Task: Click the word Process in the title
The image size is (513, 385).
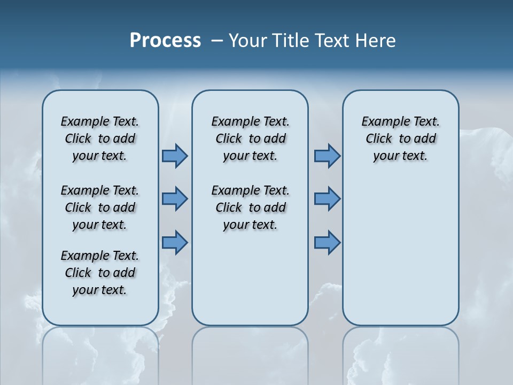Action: coord(165,41)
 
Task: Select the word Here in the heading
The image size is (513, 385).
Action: coord(376,41)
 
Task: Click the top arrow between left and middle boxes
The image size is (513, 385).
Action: coord(175,156)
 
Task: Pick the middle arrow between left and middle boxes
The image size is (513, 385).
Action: coord(175,199)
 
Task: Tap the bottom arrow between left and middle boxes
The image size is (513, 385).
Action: coord(175,242)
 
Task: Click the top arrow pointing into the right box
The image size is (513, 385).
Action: coord(327,156)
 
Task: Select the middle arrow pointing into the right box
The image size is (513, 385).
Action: coord(327,199)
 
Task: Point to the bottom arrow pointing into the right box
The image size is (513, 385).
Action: coord(327,242)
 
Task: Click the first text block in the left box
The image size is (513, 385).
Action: coord(100,138)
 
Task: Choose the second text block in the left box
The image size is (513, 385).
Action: coord(100,207)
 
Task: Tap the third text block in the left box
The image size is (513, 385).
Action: coord(100,273)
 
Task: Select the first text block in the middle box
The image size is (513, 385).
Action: coord(250,138)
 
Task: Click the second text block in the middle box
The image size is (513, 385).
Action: coord(250,207)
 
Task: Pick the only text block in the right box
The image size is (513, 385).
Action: coord(400,138)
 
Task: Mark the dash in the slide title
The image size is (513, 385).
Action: coord(217,41)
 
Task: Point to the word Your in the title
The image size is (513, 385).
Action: coord(248,41)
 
